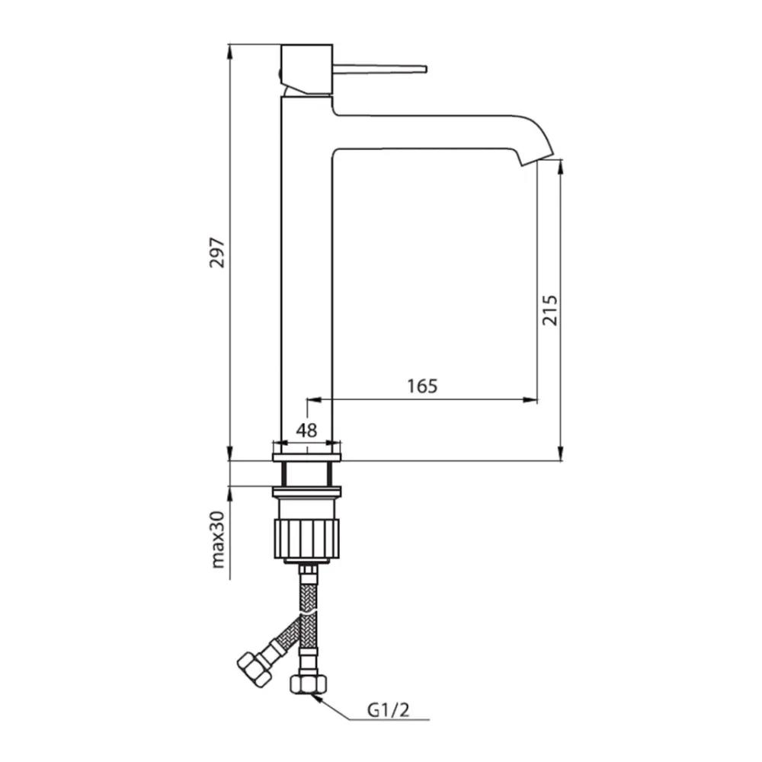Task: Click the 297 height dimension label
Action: pyautogui.click(x=216, y=253)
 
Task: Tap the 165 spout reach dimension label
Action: pyautogui.click(x=422, y=386)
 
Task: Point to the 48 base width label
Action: pyautogui.click(x=306, y=430)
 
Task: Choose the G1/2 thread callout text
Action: pyautogui.click(x=389, y=710)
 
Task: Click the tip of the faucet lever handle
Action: pyautogui.click(x=426, y=69)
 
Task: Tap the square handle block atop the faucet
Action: pyautogui.click(x=306, y=69)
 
